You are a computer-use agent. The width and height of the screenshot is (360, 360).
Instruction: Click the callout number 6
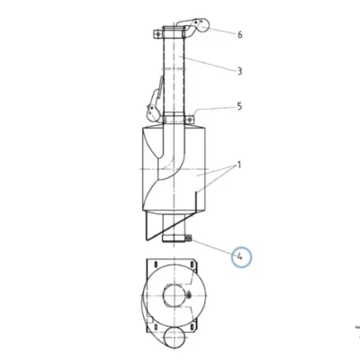pyautogui.click(x=239, y=34)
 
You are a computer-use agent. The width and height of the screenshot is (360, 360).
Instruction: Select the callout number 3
pyautogui.click(x=239, y=71)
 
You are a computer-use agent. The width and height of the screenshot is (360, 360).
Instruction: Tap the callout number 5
pyautogui.click(x=239, y=106)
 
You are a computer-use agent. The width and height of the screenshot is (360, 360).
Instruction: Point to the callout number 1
pyautogui.click(x=239, y=165)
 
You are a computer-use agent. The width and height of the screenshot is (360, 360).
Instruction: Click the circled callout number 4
pyautogui.click(x=241, y=257)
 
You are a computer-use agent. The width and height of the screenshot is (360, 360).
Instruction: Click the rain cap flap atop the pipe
pyautogui.click(x=195, y=25)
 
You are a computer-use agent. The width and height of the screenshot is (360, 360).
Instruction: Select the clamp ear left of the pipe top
pyautogui.click(x=157, y=34)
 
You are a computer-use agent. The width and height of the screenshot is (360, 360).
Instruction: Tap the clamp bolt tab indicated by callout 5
pyautogui.click(x=190, y=120)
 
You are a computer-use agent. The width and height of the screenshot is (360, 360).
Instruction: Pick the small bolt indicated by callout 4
pyautogui.click(x=189, y=238)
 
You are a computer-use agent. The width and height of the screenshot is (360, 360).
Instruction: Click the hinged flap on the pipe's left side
pyautogui.click(x=154, y=102)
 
